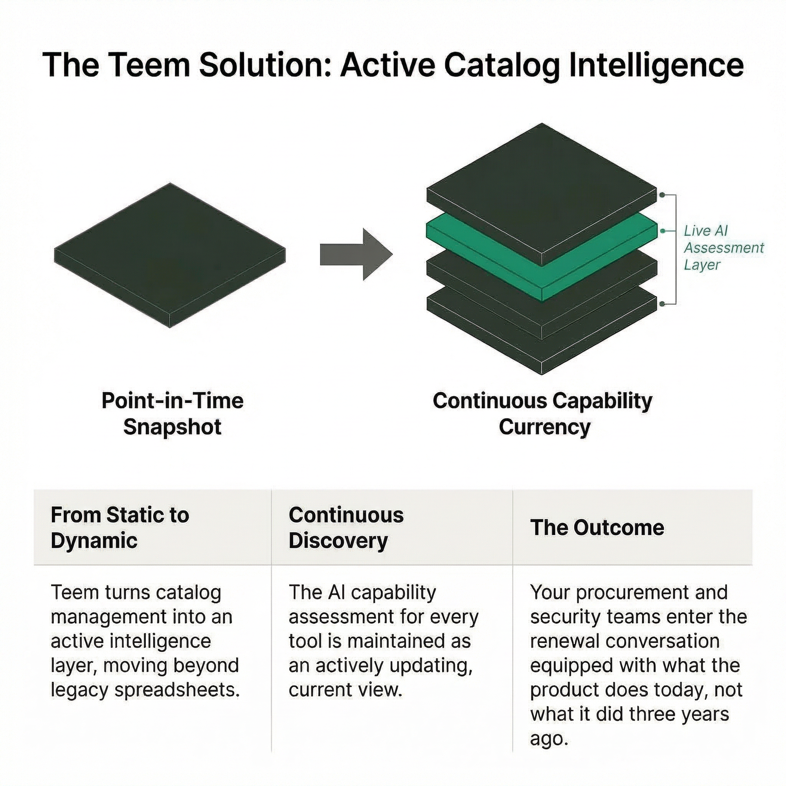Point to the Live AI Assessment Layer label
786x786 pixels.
(723, 247)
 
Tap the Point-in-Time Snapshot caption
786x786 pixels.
(173, 414)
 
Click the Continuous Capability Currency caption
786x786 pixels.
(543, 414)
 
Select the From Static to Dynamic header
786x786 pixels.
(119, 528)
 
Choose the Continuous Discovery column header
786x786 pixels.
(346, 528)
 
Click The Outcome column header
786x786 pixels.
(597, 528)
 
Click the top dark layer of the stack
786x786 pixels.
(541, 191)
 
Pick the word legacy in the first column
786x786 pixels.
(79, 690)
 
